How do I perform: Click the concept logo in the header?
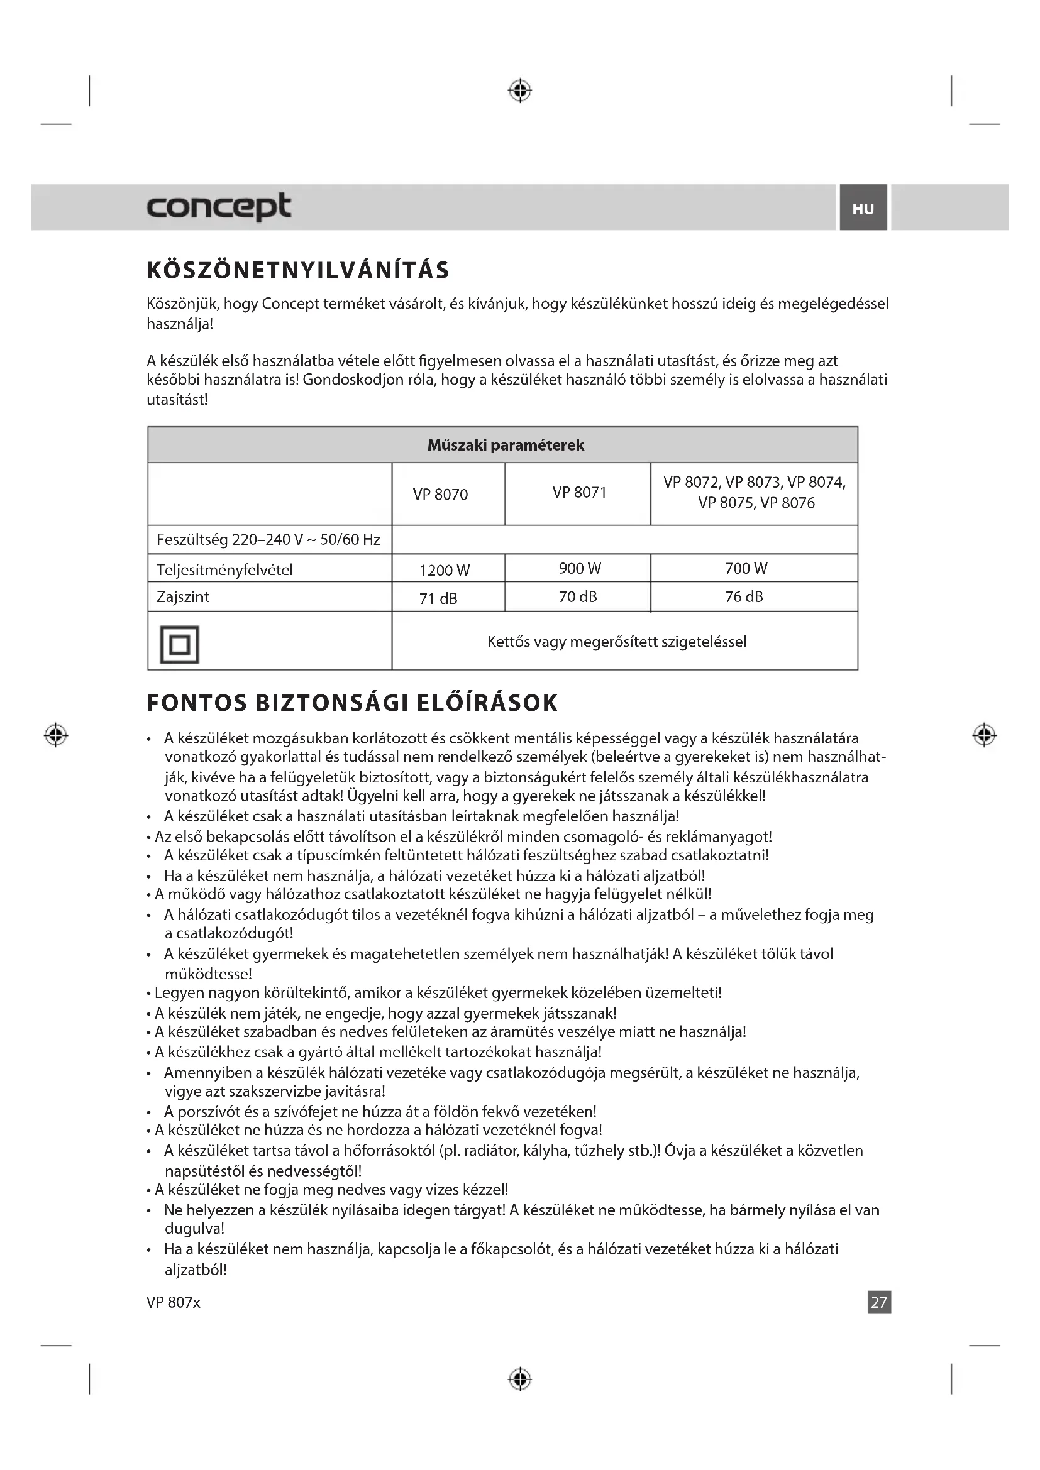(219, 206)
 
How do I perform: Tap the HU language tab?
(863, 209)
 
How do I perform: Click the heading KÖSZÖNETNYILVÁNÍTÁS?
(298, 270)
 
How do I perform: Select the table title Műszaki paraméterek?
(506, 445)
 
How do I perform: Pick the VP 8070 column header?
(441, 494)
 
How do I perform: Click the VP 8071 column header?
(579, 492)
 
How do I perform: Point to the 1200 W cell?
(445, 570)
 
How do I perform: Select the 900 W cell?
(580, 568)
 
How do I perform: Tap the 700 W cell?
(746, 568)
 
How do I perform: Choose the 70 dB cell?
(578, 596)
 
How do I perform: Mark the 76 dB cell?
(744, 596)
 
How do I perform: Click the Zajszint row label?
(183, 596)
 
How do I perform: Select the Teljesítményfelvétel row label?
(224, 570)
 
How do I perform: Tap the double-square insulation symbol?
(179, 644)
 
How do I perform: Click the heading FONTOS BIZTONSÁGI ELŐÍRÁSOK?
(352, 703)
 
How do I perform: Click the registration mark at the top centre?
(520, 91)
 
